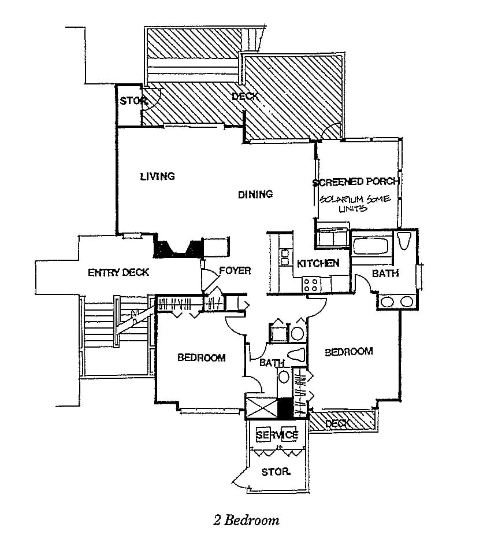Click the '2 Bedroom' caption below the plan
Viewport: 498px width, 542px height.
pos(246,519)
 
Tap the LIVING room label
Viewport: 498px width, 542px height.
pos(157,176)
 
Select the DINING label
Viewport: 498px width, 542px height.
pos(255,194)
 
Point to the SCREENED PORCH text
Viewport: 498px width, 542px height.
pos(356,182)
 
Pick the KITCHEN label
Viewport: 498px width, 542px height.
pos(318,263)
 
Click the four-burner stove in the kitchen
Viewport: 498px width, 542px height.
pos(311,284)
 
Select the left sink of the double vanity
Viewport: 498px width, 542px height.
pos(387,301)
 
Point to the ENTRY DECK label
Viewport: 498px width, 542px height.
pos(118,272)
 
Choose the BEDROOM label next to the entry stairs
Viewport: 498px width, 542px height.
pos(201,357)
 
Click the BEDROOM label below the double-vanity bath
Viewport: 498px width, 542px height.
pos(348,351)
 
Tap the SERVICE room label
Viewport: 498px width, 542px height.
pos(277,434)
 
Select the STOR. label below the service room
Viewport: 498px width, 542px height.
pos(276,471)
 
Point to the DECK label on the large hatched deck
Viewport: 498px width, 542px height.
pos(244,97)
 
